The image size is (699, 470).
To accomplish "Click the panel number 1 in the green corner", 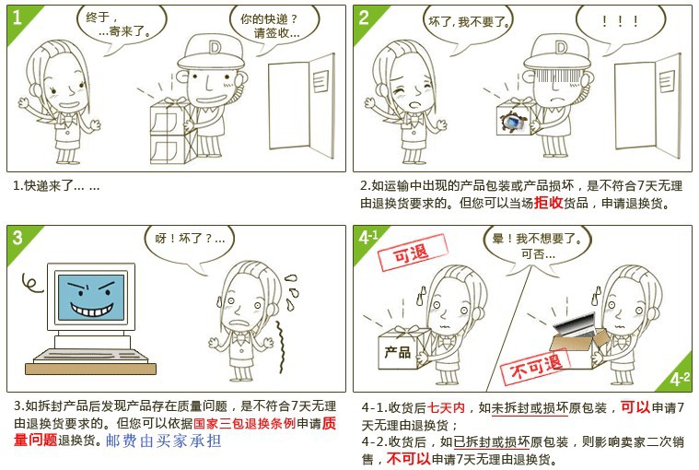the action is tap(17, 17).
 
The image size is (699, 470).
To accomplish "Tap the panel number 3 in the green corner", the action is tap(17, 237).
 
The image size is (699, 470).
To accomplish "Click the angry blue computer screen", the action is tap(91, 298).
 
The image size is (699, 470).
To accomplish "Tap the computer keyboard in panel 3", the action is tap(91, 356).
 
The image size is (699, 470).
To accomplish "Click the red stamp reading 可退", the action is tap(412, 253).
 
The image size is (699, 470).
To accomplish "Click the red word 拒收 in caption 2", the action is tap(548, 203).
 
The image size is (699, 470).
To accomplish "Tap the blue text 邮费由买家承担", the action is tap(163, 441).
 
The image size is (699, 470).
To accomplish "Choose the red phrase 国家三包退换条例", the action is tap(244, 423).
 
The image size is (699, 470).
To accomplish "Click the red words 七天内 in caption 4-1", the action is tap(447, 407).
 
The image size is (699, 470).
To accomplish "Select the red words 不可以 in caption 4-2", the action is tap(408, 458).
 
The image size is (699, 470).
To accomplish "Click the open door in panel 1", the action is tap(301, 106).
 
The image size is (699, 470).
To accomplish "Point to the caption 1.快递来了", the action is tap(56, 185).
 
